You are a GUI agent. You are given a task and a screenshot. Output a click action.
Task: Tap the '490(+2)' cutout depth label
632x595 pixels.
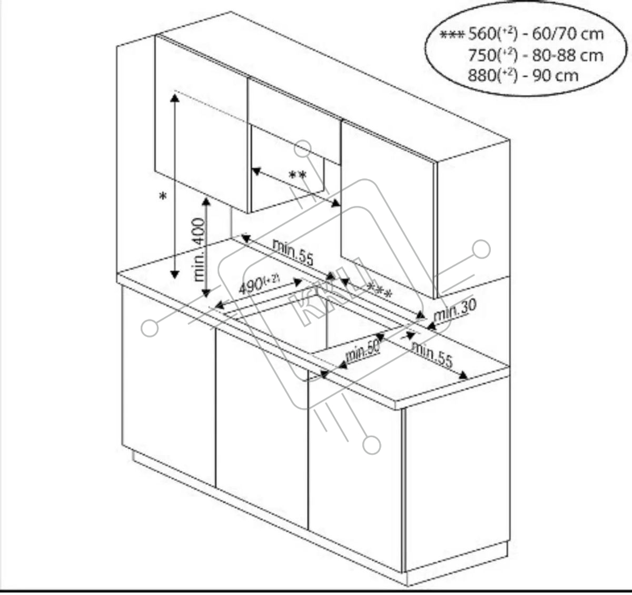[258, 285]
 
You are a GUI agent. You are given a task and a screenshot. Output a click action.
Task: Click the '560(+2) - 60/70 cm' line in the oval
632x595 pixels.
[535, 34]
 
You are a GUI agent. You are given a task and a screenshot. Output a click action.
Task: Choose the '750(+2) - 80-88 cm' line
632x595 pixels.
[535, 55]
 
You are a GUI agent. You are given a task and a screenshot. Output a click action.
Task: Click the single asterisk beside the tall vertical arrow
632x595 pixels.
[163, 197]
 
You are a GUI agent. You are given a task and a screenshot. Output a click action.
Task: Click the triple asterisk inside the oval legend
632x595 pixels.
[452, 35]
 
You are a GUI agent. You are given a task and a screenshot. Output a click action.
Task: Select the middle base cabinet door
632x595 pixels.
[262, 427]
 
